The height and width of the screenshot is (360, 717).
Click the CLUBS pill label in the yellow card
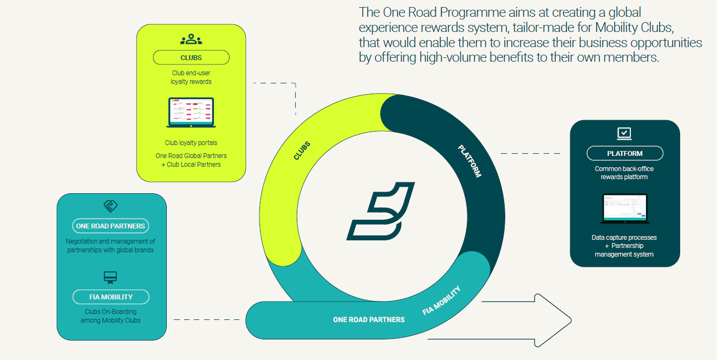pyautogui.click(x=191, y=57)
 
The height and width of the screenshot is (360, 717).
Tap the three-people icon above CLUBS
pyautogui.click(x=191, y=39)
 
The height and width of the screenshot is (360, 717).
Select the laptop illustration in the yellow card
pyautogui.click(x=191, y=113)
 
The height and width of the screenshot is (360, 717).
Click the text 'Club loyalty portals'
pyautogui.click(x=191, y=143)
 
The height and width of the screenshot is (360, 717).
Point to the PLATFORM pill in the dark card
pyautogui.click(x=625, y=154)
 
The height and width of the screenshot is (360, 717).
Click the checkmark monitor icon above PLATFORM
pyautogui.click(x=624, y=133)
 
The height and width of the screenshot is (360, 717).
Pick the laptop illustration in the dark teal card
pyautogui.click(x=625, y=208)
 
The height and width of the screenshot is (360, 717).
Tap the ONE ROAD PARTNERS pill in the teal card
pyautogui.click(x=110, y=226)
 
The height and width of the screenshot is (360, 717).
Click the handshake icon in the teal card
pyautogui.click(x=110, y=206)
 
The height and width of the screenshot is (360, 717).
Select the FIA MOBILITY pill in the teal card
pyautogui.click(x=111, y=297)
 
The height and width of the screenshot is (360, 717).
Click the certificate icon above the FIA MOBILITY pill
pyautogui.click(x=110, y=278)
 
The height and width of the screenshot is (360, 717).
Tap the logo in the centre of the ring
pyautogui.click(x=381, y=211)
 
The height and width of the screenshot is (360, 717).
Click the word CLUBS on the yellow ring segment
pyautogui.click(x=302, y=150)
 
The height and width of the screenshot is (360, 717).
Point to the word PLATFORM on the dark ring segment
pyautogui.click(x=470, y=161)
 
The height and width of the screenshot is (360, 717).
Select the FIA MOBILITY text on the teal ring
pyautogui.click(x=441, y=300)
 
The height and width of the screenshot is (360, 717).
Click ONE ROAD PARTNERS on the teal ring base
pyautogui.click(x=369, y=320)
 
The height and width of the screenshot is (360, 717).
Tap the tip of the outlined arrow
pyautogui.click(x=571, y=320)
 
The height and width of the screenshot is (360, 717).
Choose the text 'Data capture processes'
pyautogui.click(x=624, y=238)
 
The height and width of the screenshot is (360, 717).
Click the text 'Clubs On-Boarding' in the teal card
pyautogui.click(x=110, y=312)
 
